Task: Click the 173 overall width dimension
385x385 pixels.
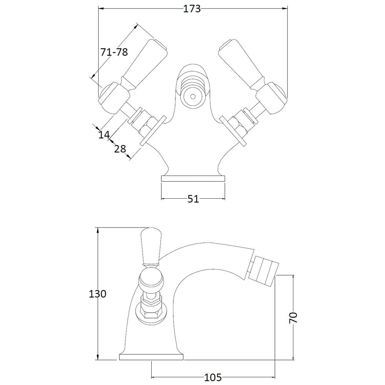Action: (x=192, y=9)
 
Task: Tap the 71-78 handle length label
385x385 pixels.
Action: (x=114, y=52)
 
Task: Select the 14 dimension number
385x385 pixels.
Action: (x=104, y=134)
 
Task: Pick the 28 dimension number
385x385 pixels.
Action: (x=120, y=149)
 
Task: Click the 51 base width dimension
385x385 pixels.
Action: (x=193, y=199)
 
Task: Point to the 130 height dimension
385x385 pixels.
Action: (x=97, y=294)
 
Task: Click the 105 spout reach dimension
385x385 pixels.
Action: (x=213, y=377)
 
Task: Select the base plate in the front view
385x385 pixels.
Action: (x=193, y=179)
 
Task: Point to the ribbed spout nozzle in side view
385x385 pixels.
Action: (x=264, y=270)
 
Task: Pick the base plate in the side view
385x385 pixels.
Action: (x=151, y=357)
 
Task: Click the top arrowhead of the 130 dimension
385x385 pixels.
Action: (x=98, y=231)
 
